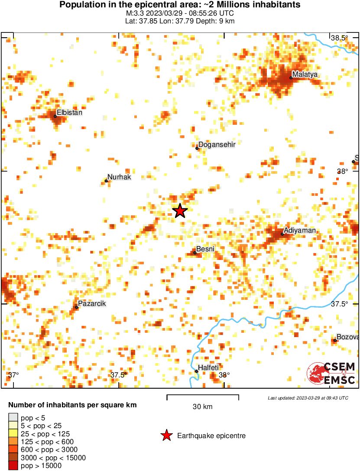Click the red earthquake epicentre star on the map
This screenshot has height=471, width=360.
pyautogui.click(x=180, y=211)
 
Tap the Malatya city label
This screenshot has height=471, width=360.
pyautogui.click(x=305, y=75)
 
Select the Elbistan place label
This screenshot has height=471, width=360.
pyautogui.click(x=69, y=113)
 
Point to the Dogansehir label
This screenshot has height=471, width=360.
pyautogui.click(x=217, y=145)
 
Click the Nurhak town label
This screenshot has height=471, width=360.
pyautogui.click(x=119, y=177)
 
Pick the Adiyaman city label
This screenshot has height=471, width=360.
pyautogui.click(x=299, y=231)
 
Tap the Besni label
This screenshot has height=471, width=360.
pyautogui.click(x=205, y=249)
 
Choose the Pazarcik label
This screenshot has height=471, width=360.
pyautogui.click(x=92, y=304)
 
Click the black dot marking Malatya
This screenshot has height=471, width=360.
pyautogui.click(x=291, y=78)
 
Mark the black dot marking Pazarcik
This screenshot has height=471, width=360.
pyautogui.click(x=77, y=307)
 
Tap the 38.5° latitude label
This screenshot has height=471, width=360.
pyautogui.click(x=339, y=38)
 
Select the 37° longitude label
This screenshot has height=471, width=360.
pyautogui.click(x=13, y=375)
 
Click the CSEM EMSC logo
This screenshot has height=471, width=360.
pyautogui.click(x=331, y=373)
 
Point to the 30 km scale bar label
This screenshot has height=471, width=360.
pyautogui.click(x=203, y=406)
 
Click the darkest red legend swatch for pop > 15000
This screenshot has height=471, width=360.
pyautogui.click(x=13, y=466)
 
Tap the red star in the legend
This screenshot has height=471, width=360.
pyautogui.click(x=166, y=435)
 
